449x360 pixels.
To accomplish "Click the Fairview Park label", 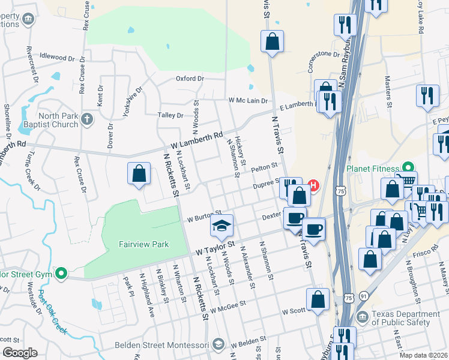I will point(135,244).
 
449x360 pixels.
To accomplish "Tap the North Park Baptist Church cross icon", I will point(86,118).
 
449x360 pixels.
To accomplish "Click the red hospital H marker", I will point(312,185).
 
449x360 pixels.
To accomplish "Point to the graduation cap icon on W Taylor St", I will point(221,226).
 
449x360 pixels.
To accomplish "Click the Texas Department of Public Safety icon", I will point(362,316).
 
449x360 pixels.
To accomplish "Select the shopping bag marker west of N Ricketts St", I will point(139,174).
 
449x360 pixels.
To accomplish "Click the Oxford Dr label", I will point(190,79).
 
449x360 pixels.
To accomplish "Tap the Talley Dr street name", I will point(170,115).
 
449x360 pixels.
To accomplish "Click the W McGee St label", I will point(228,306).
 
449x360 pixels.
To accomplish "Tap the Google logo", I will point(19,352).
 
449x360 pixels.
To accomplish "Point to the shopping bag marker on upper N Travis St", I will point(272,42).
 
